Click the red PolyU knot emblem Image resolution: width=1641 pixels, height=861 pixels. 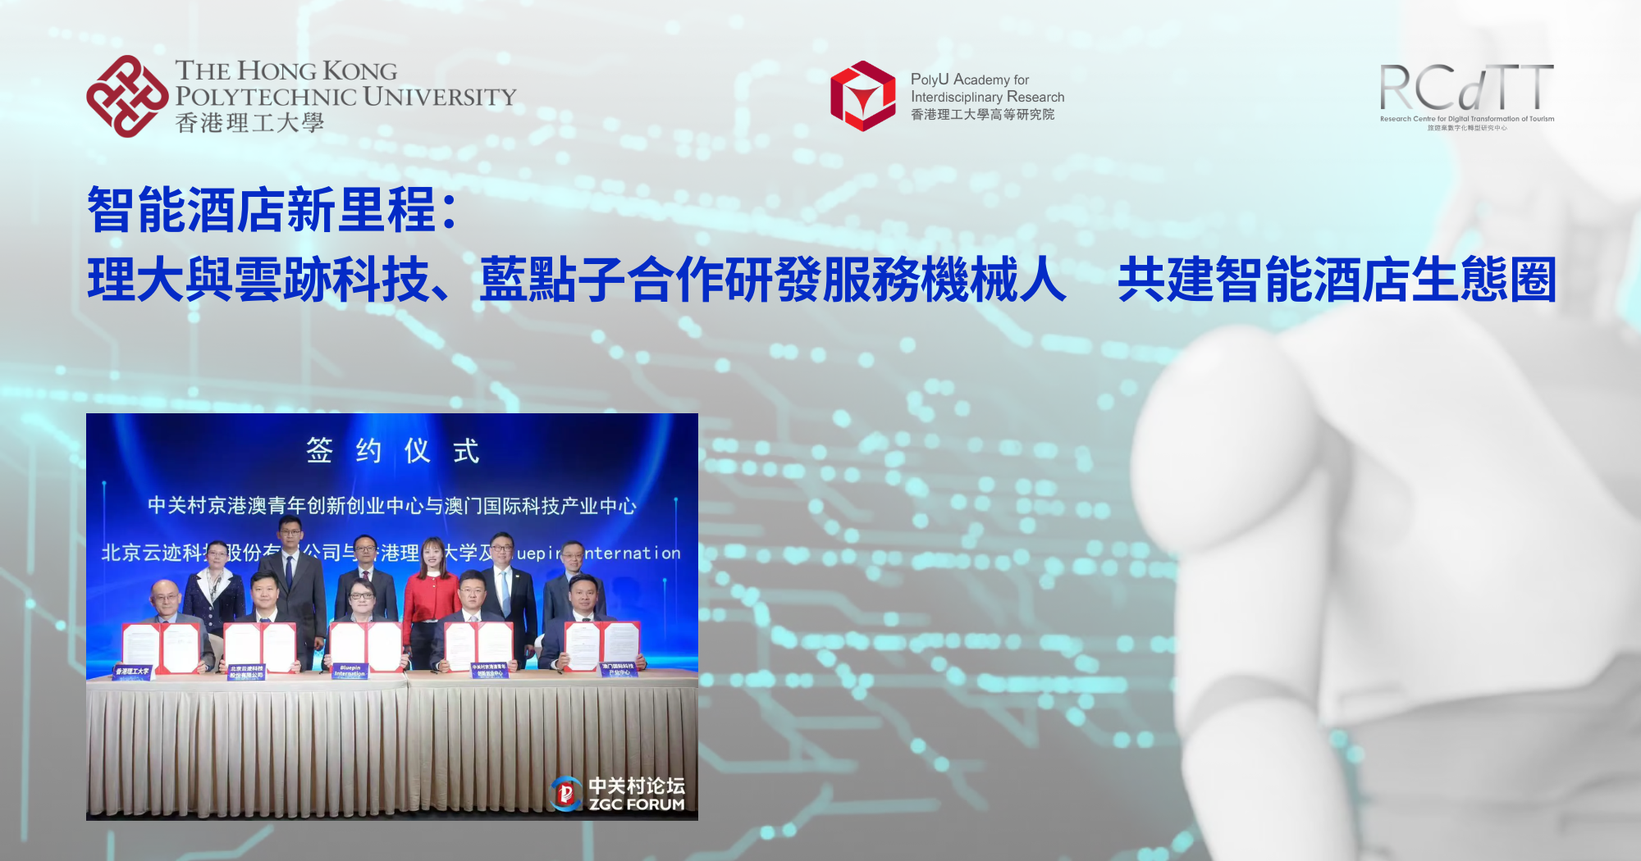[127, 96]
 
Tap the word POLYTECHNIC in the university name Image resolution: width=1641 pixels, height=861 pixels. [266, 97]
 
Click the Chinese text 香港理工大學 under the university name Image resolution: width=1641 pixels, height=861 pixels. [249, 123]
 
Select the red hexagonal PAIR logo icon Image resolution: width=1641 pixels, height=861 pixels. [862, 96]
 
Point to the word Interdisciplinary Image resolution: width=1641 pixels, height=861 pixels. [957, 97]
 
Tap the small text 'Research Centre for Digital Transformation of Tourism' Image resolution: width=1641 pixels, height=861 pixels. [1466, 119]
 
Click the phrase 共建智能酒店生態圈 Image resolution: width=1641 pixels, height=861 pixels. [1337, 280]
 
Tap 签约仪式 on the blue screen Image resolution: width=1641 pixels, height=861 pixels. [392, 450]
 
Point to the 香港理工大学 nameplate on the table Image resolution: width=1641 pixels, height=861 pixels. [133, 672]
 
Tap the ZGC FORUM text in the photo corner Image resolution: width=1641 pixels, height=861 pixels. [637, 804]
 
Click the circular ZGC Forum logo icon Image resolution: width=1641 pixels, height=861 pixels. [566, 793]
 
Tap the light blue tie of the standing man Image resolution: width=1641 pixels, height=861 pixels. [504, 590]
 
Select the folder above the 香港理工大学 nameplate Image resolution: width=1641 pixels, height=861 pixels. [161, 647]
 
